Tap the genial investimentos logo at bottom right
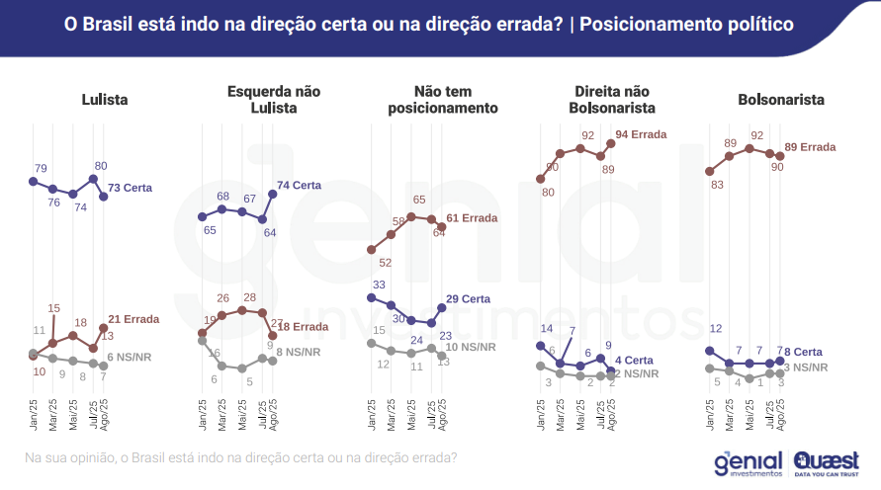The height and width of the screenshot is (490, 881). coord(748,462)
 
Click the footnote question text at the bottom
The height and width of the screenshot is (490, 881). coord(240,458)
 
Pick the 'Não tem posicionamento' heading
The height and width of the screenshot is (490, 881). coord(442,99)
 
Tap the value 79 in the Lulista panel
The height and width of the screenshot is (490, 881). coord(41,168)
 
